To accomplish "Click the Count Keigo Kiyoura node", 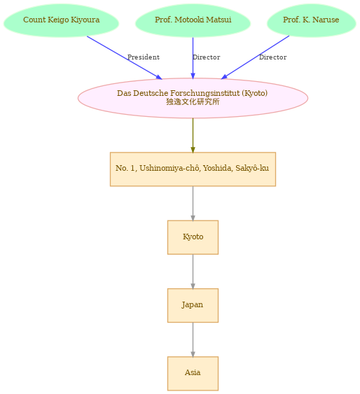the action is pos(61,20).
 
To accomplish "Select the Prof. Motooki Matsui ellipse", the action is pos(193,20).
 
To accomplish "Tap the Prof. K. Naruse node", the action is pos(311,20).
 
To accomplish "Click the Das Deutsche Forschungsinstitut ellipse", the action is pos(193,98).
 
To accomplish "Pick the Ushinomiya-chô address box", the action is pos(193,169).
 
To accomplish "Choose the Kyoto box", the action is pos(193,237).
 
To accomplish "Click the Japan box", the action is pos(193,305).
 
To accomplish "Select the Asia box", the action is pos(193,374).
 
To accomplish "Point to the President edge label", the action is pos(144,57).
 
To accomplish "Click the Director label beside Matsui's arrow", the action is pos(207,57).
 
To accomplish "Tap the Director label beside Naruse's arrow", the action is pos(272,57).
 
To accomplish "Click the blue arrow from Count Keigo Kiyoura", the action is pos(125,58).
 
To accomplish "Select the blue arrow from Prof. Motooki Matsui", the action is pos(193,58).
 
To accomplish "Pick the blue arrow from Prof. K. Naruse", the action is pos(255,57).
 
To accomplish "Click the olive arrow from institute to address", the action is pos(193,136).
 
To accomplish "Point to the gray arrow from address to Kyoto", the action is pos(193,204).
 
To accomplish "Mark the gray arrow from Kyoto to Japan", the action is pos(193,272).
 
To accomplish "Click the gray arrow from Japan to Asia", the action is pos(193,339).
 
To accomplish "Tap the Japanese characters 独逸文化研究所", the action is pos(193,101).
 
